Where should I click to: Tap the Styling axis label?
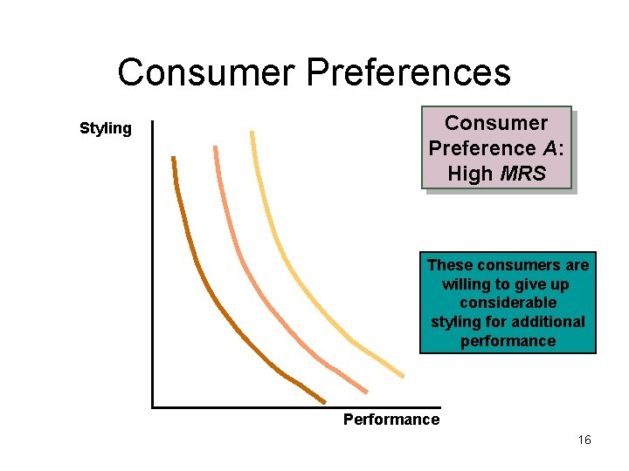click(106, 129)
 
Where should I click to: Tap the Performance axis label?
click(391, 420)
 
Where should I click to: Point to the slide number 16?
click(584, 440)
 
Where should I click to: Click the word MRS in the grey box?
click(524, 174)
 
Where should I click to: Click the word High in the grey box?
click(470, 174)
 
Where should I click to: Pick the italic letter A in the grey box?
click(551, 148)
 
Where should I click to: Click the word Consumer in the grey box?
click(496, 123)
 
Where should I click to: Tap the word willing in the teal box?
click(468, 284)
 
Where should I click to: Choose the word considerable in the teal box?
click(508, 303)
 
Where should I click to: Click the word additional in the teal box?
click(550, 322)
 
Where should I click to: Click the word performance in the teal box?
click(508, 341)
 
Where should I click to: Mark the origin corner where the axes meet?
click(153, 406)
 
